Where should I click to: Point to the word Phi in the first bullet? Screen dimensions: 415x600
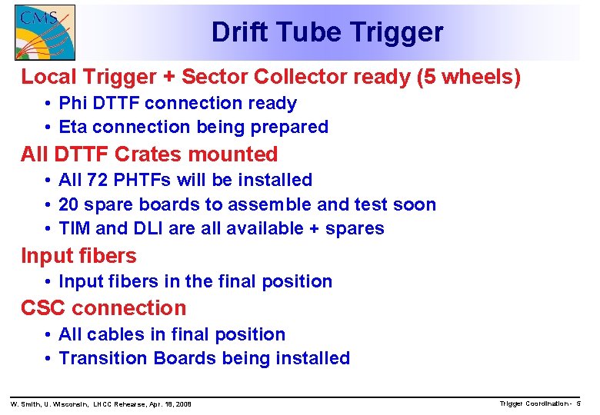(73, 103)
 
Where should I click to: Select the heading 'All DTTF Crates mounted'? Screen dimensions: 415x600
(149, 154)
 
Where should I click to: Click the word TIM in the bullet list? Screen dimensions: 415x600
(74, 228)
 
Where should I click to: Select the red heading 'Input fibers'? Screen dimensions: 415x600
(78, 256)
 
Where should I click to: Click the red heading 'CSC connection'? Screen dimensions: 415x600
(103, 308)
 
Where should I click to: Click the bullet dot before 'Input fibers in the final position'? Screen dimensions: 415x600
(48, 281)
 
